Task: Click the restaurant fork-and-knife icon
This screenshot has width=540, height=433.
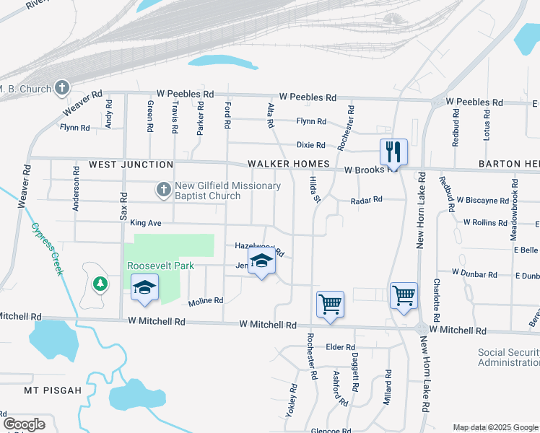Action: (393, 152)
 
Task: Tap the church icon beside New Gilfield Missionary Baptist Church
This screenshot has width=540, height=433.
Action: (163, 191)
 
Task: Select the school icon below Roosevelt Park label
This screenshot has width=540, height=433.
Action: (144, 288)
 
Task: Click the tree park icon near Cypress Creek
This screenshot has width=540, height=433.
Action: (100, 283)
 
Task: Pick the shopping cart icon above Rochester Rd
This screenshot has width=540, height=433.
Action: (330, 304)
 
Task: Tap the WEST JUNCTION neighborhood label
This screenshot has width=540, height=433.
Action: (131, 165)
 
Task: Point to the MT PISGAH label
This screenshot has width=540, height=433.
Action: (50, 390)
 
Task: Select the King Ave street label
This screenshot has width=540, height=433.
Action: (145, 224)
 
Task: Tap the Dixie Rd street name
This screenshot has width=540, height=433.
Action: (311, 145)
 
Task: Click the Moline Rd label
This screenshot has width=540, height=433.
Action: (206, 301)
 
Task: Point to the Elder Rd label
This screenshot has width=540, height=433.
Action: (339, 347)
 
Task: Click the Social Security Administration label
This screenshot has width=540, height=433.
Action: (508, 357)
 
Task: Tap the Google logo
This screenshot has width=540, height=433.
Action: (25, 424)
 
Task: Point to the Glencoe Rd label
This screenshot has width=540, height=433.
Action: (331, 431)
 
